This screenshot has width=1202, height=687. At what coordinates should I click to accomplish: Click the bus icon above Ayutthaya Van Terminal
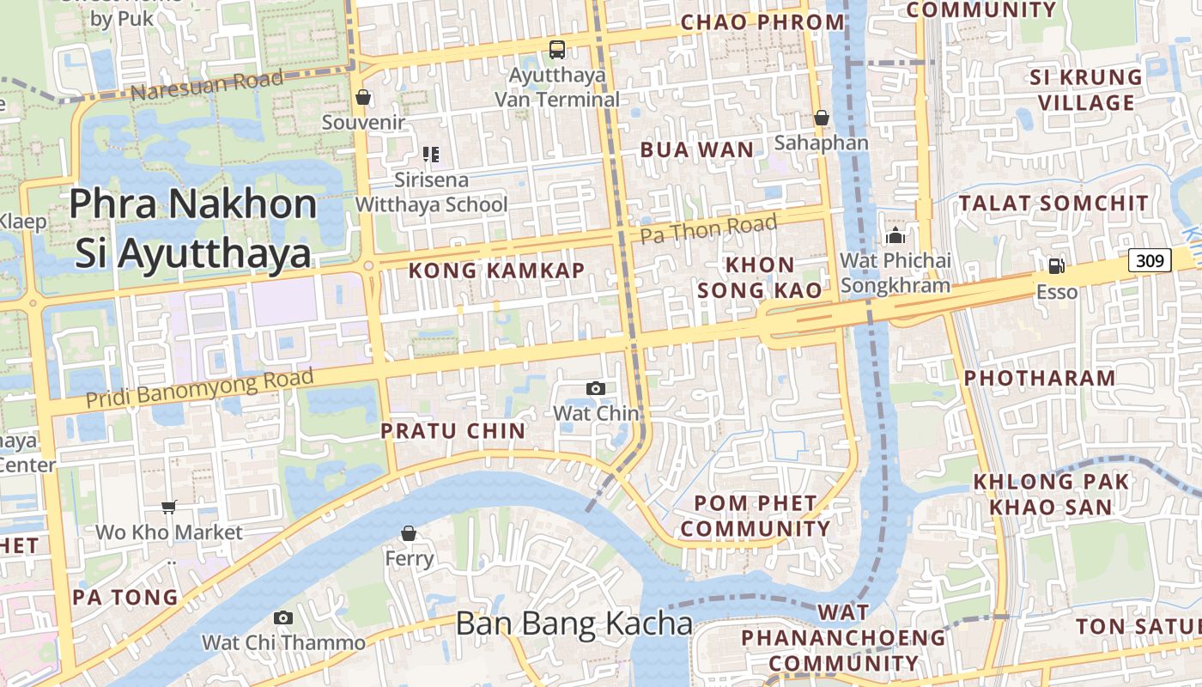click(557, 50)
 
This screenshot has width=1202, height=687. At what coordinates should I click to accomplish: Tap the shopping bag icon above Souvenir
click(363, 97)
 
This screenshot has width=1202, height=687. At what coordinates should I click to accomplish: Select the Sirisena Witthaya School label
click(432, 192)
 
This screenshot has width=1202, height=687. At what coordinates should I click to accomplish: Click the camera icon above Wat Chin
click(596, 389)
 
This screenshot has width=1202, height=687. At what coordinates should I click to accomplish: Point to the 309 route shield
click(1150, 259)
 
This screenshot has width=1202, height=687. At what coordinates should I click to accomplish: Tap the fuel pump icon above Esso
click(1056, 266)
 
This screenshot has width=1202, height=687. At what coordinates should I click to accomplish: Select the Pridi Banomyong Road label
click(199, 388)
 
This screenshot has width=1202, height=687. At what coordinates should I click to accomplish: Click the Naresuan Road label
click(205, 86)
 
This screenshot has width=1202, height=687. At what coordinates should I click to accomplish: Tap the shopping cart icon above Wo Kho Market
click(169, 508)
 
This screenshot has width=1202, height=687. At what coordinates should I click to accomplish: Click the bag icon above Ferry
click(409, 533)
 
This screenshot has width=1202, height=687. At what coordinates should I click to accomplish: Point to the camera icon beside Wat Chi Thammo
click(282, 618)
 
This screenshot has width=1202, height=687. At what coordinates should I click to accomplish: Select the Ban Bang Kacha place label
click(574, 624)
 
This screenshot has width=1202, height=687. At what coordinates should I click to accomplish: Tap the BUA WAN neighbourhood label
click(697, 150)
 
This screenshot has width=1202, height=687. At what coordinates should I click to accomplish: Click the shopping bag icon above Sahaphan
click(822, 118)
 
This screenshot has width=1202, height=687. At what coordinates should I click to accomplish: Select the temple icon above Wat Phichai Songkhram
click(895, 235)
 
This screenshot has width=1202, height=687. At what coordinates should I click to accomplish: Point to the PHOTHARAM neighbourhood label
click(1040, 378)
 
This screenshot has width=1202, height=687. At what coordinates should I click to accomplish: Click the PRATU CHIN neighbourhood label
click(452, 431)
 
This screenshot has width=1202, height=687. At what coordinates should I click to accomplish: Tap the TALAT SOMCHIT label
click(1053, 204)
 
